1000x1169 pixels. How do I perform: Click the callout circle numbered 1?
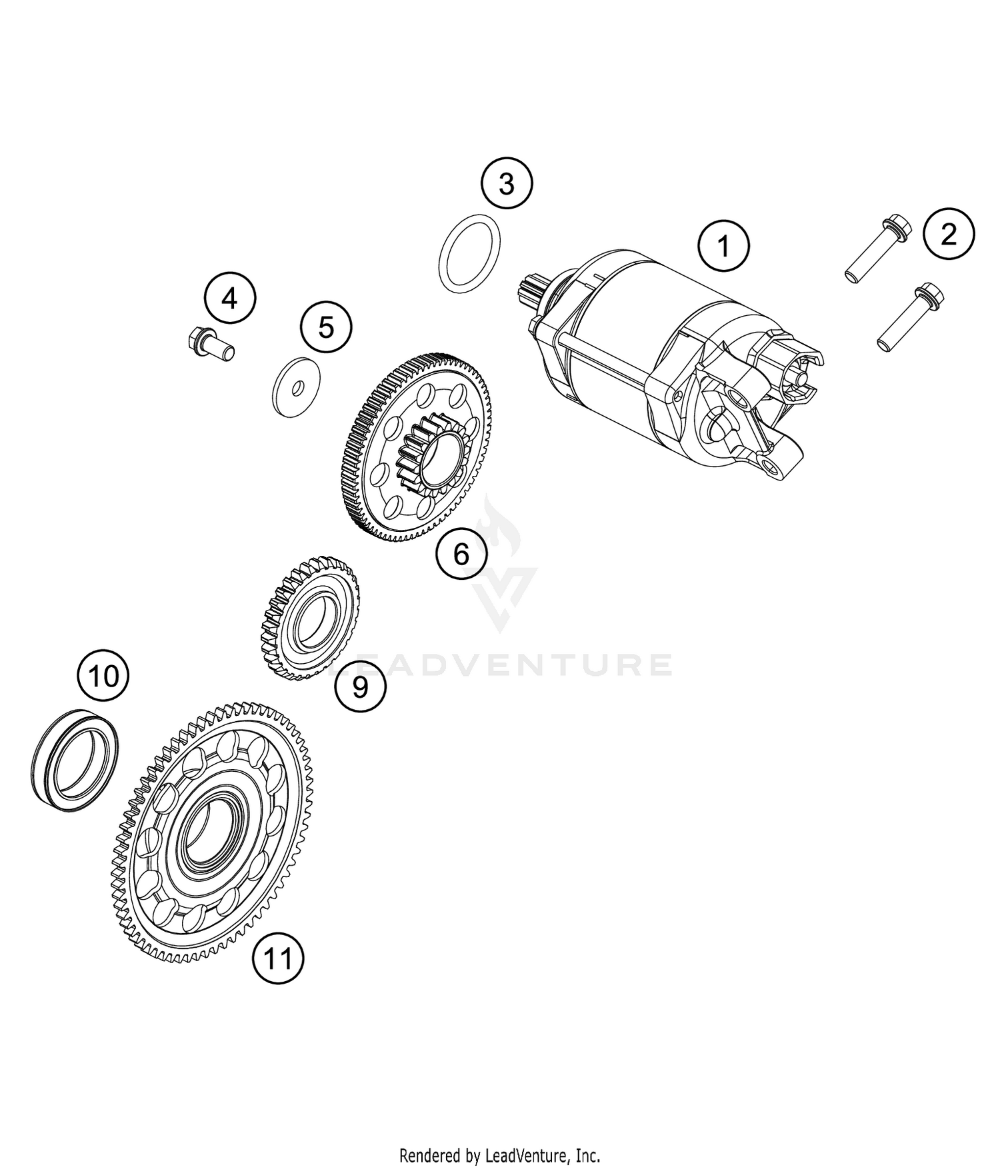(x=723, y=247)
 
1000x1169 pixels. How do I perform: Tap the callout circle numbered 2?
(x=948, y=234)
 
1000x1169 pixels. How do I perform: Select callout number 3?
(x=507, y=183)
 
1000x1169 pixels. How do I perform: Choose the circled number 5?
(x=326, y=327)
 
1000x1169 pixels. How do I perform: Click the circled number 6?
(x=461, y=553)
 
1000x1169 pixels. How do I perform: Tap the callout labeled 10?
(x=103, y=676)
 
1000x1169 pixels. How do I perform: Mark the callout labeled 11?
(x=277, y=958)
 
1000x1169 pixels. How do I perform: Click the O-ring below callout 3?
(x=470, y=254)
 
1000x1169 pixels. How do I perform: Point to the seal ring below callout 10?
(x=76, y=760)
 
